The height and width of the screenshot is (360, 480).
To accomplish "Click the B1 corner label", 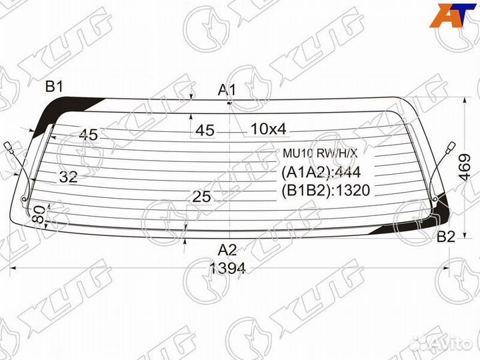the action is pyautogui.click(x=54, y=87).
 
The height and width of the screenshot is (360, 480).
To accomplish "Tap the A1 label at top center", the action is pyautogui.click(x=227, y=90).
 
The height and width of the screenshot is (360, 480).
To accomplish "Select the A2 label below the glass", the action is pyautogui.click(x=227, y=250).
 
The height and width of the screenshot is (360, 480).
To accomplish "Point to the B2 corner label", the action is pyautogui.click(x=446, y=237).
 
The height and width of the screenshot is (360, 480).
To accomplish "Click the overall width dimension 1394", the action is pyautogui.click(x=227, y=269).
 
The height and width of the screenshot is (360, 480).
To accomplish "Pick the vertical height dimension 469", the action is pyautogui.click(x=465, y=167).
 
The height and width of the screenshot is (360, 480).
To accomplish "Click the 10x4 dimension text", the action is pyautogui.click(x=269, y=129).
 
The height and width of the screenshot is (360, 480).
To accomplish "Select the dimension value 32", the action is pyautogui.click(x=69, y=177).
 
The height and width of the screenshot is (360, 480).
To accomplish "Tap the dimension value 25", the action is pyautogui.click(x=201, y=197).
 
